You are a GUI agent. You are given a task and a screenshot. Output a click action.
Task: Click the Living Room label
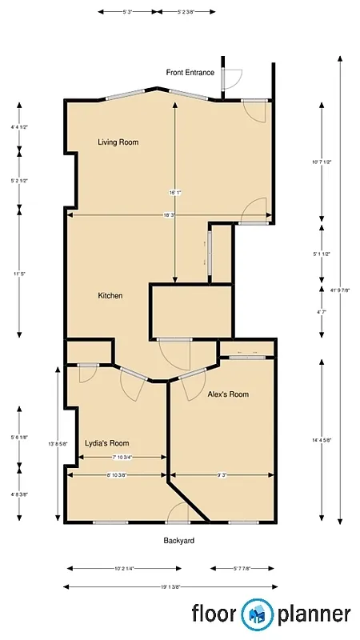pos(118,142)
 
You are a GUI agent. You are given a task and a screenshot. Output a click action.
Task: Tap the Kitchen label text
pos(110,296)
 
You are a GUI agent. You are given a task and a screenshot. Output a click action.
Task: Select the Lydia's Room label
pos(106,443)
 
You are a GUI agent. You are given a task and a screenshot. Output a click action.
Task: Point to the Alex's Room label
pos(228,394)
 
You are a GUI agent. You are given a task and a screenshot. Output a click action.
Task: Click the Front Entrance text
pos(190,73)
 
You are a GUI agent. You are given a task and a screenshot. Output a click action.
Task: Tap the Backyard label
pos(179,541)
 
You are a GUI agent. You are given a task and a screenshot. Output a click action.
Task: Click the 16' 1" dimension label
pos(174,192)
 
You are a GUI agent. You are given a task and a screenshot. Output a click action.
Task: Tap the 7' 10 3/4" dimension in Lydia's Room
pos(122,457)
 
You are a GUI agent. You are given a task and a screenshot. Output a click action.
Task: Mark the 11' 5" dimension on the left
pos(19,274)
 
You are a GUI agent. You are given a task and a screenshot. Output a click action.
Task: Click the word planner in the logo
pos(314,614)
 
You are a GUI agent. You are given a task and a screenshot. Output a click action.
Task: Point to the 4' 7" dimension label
pos(322,311)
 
